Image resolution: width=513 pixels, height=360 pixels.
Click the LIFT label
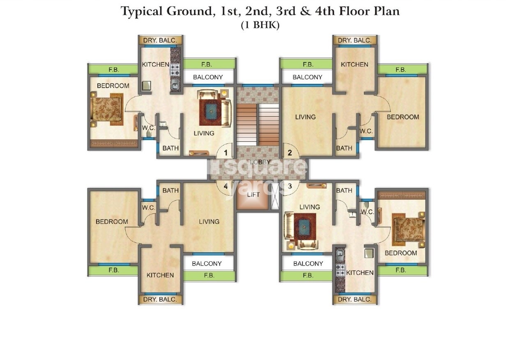pos(253,194)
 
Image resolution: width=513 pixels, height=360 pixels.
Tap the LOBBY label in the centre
pos(258,162)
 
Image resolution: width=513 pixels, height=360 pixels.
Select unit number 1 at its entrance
pos(225,153)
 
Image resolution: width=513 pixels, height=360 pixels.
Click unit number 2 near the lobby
pos(290,153)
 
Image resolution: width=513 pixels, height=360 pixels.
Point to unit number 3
pos(290,186)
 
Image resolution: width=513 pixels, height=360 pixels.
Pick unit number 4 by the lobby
pos(225,186)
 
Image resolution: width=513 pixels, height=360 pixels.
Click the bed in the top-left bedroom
pos(107,109)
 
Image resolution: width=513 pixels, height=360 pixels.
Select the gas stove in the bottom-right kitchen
pos(340,270)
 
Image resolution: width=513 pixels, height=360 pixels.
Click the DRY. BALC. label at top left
pos(160,40)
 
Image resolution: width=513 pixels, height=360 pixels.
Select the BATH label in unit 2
pos(344,148)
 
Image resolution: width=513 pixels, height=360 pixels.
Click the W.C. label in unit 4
pos(149,208)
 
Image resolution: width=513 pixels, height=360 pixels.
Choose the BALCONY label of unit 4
pos(207,263)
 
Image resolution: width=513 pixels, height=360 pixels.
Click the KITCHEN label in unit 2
pos(354,64)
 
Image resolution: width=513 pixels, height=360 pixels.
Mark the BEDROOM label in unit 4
pos(112,222)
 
